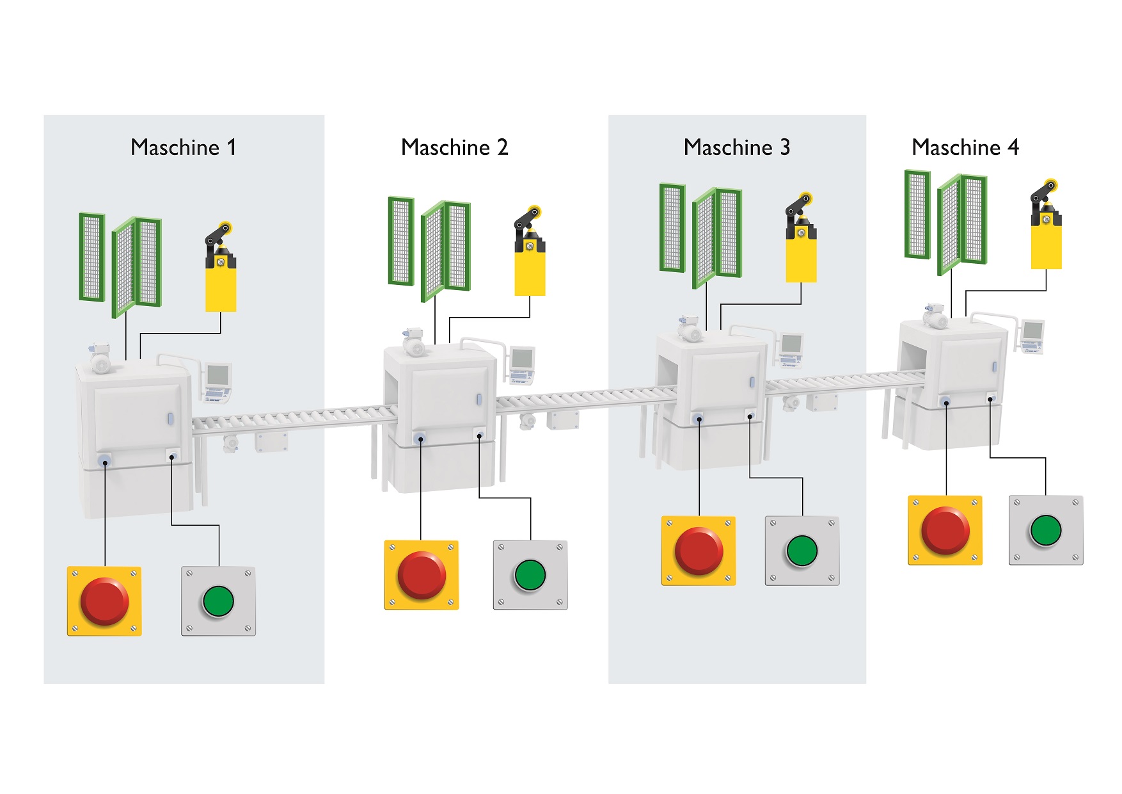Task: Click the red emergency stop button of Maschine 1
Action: pyautogui.click(x=104, y=601)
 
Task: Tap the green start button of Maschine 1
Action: pyautogui.click(x=218, y=601)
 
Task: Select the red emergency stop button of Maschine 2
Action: pyautogui.click(x=422, y=575)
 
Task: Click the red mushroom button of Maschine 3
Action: pyautogui.click(x=699, y=551)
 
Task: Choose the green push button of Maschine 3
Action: pyautogui.click(x=802, y=551)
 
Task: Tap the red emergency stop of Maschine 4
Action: pyautogui.click(x=945, y=530)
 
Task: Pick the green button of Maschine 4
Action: pyautogui.click(x=1045, y=530)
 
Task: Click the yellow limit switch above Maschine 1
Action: pyautogui.click(x=221, y=282)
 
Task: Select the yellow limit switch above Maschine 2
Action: pyautogui.click(x=530, y=266)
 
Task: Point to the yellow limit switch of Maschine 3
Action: pyautogui.click(x=801, y=253)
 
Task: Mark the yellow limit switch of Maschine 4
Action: pyautogui.click(x=1046, y=240)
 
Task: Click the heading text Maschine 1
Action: pyautogui.click(x=184, y=147)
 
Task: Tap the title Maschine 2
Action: pyautogui.click(x=454, y=147)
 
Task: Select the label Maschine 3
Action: pyautogui.click(x=737, y=147)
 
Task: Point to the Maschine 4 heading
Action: pyautogui.click(x=965, y=147)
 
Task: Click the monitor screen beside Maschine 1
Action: pyautogui.click(x=218, y=374)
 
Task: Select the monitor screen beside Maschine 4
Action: pyautogui.click(x=1032, y=332)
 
